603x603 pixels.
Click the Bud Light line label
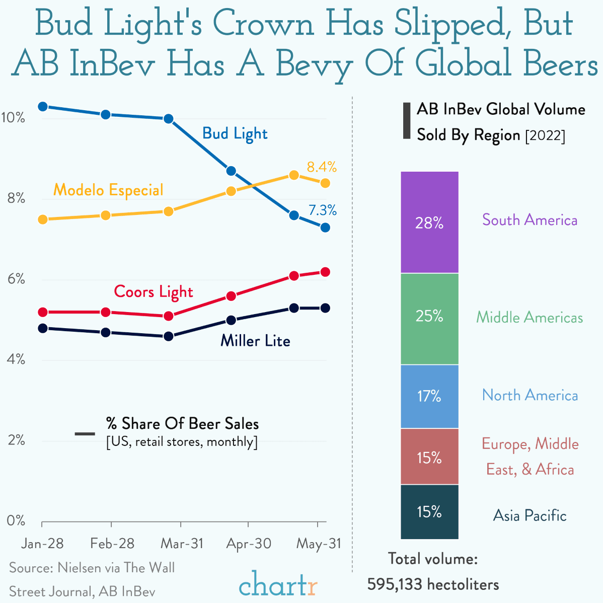(x=235, y=134)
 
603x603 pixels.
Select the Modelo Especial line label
(x=108, y=190)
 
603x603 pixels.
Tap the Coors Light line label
(x=154, y=292)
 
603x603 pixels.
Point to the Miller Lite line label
(x=255, y=341)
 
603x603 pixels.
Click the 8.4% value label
(x=322, y=167)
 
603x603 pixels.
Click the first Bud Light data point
(x=43, y=107)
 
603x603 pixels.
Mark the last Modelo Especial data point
(x=325, y=183)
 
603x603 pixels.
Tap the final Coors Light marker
(x=325, y=272)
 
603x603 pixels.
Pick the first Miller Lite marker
(x=43, y=328)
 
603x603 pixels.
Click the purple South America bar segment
(x=429, y=222)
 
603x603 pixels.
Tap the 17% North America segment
(x=429, y=396)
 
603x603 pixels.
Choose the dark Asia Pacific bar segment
(x=429, y=512)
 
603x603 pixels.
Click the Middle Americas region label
(x=530, y=318)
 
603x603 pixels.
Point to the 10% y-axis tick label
(x=14, y=118)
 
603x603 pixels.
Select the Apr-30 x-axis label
(x=249, y=544)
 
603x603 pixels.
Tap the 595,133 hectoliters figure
(x=433, y=584)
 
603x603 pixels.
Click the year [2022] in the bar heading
(x=545, y=136)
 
